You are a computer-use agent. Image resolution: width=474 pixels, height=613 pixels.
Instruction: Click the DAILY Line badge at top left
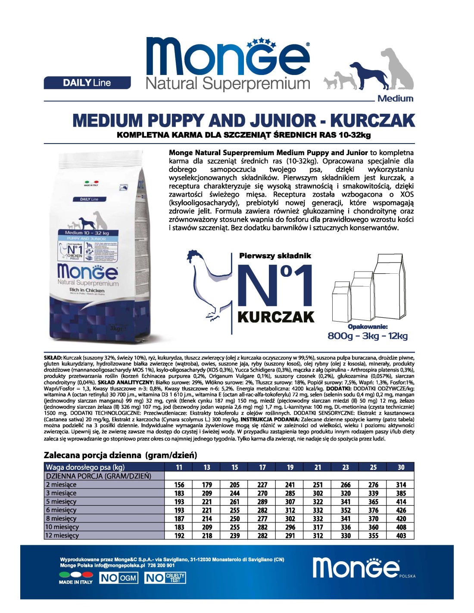click(x=87, y=83)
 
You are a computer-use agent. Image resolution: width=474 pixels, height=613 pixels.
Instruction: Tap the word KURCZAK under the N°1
click(x=276, y=317)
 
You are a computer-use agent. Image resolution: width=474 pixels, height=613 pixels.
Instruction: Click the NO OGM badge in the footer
click(x=118, y=578)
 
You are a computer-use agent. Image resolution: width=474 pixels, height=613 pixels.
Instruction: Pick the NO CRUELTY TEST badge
click(x=165, y=578)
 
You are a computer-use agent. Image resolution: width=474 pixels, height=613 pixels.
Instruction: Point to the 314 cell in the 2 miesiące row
click(x=401, y=485)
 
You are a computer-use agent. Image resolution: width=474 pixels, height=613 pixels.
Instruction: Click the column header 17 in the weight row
click(x=262, y=467)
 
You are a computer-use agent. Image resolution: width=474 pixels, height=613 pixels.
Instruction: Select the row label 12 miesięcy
click(x=62, y=535)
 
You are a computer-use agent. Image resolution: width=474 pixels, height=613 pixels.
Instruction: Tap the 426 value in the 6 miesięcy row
click(x=401, y=510)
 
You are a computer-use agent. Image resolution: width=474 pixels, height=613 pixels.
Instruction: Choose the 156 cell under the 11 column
click(x=179, y=485)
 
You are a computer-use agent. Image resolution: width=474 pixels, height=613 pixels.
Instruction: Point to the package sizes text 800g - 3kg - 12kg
click(x=368, y=336)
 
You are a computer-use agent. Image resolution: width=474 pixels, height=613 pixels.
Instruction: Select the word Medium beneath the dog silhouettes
click(x=395, y=98)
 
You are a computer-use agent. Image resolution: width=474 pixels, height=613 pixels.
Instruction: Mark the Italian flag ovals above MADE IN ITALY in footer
click(x=76, y=574)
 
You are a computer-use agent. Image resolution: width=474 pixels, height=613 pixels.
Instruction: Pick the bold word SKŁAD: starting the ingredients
click(x=53, y=358)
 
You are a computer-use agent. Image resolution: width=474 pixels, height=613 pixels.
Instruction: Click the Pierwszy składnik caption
click(x=275, y=256)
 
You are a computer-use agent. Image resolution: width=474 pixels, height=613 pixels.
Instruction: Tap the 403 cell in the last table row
click(x=401, y=535)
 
